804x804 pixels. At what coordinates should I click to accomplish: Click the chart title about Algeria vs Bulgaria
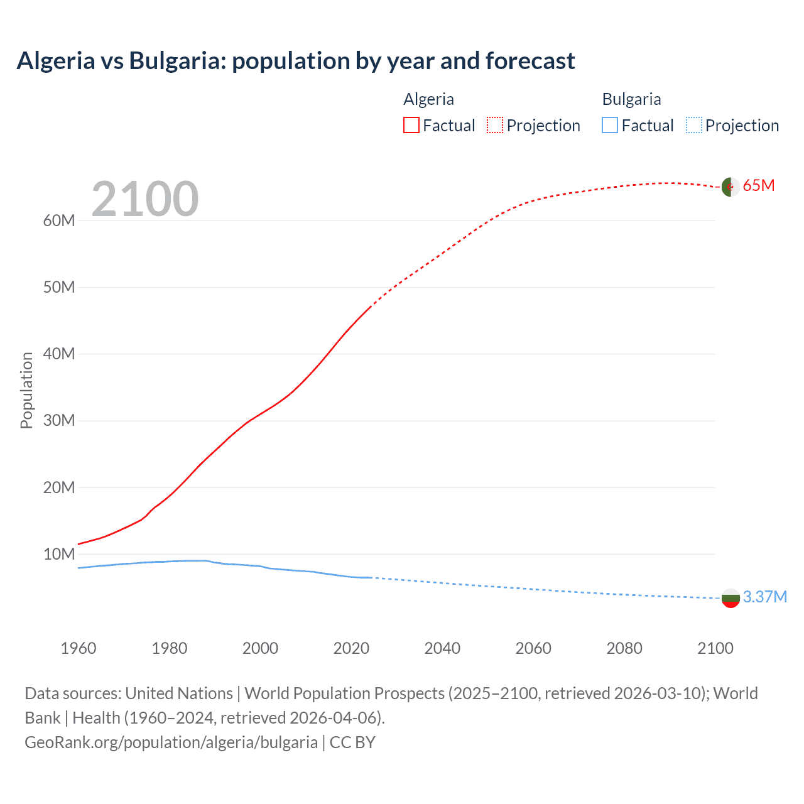point(295,61)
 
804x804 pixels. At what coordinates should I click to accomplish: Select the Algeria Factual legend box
point(411,125)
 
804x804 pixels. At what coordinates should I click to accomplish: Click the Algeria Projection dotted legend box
point(495,125)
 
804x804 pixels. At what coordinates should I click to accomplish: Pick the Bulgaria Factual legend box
point(609,125)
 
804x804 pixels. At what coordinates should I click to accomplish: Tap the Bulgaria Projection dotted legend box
point(693,125)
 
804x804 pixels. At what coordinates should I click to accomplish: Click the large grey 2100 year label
point(145,199)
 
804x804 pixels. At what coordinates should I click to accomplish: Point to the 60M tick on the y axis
point(59,220)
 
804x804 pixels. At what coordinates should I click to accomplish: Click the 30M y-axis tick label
point(59,420)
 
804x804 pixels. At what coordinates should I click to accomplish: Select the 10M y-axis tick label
point(59,554)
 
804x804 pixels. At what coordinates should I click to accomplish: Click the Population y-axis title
point(26,390)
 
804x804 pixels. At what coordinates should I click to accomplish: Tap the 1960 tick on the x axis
point(79,648)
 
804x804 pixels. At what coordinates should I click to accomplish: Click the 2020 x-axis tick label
point(351,648)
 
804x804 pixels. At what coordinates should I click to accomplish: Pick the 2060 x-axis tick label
point(533,648)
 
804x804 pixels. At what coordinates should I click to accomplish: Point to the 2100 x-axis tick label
point(715,648)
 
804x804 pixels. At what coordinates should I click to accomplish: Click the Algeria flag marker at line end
point(730,187)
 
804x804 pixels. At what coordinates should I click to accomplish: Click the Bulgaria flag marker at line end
point(730,598)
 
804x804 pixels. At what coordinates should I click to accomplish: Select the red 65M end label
point(758,185)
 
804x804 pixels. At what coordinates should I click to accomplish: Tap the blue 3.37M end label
point(764,597)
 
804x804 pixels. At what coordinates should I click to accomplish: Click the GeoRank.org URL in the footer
point(171,742)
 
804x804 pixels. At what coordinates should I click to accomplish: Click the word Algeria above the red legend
point(428,99)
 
